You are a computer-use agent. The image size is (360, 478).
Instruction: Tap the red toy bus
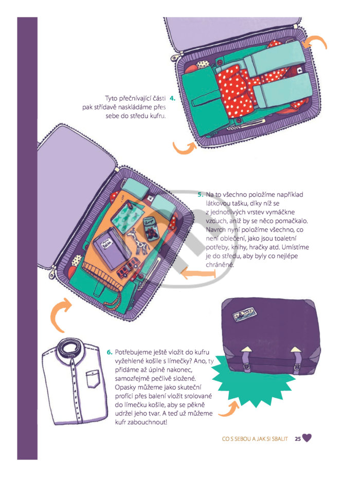(128, 267)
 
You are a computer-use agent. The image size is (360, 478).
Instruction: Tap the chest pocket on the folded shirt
(93, 378)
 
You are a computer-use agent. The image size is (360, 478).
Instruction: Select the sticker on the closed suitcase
(244, 314)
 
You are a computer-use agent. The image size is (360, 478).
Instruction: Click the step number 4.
(173, 99)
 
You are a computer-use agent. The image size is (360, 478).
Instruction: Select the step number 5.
(201, 194)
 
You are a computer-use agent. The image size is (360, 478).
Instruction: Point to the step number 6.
(110, 353)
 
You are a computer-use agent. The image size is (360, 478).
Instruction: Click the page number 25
(298, 438)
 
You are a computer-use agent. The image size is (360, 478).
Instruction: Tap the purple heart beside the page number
(307, 438)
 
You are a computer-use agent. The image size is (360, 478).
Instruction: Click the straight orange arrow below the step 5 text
(199, 273)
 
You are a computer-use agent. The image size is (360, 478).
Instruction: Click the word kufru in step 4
(158, 116)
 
